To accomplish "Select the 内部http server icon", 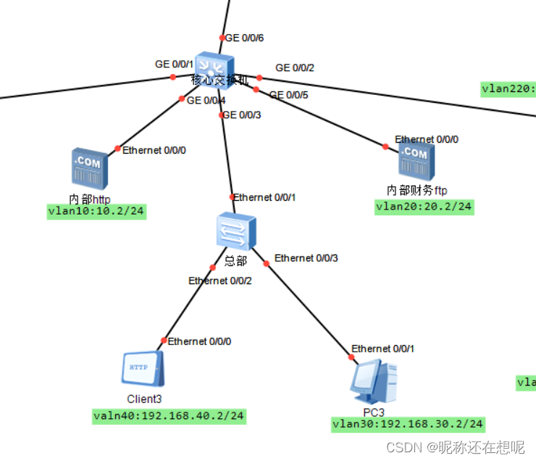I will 90,167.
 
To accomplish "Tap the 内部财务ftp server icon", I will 416,160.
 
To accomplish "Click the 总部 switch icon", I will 235,231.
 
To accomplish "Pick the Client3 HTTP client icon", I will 143,369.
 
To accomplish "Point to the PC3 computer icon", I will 374,381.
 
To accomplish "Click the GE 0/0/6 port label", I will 245,38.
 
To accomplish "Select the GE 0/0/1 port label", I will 172,64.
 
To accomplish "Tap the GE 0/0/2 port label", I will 295,68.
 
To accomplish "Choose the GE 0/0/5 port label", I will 288,94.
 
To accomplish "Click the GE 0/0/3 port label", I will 241,115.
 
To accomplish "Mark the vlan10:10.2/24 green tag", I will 96,212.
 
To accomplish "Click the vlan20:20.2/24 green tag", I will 424,207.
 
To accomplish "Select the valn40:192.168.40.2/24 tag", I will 169,416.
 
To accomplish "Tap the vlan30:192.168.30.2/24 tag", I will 409,424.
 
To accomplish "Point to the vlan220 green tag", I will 508,89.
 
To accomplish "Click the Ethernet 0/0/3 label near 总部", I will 306,258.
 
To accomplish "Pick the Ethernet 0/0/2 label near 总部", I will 219,281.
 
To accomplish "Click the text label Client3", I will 144,399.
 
